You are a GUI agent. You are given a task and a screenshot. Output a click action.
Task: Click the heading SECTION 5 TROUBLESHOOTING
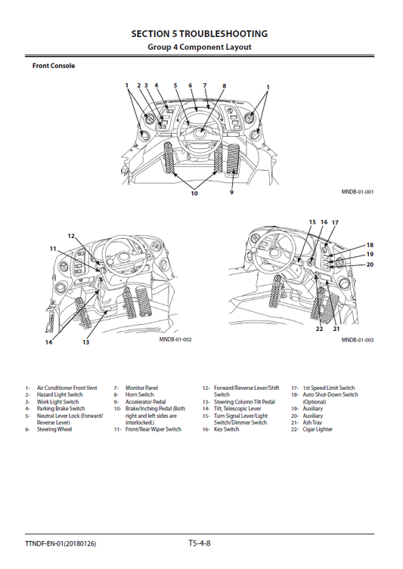coord(199,34)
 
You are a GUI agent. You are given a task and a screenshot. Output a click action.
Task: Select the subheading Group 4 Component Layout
coord(199,47)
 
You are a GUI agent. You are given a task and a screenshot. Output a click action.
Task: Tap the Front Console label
coord(53,66)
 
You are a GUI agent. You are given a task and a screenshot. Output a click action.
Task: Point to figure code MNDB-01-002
coord(175,340)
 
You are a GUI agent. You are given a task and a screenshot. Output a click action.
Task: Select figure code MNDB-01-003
coord(358,340)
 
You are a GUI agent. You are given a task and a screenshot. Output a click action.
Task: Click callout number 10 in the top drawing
coord(194,194)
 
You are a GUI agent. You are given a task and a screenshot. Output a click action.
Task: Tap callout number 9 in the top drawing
coord(231,193)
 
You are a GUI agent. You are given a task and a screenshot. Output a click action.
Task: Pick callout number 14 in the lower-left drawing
coord(48,342)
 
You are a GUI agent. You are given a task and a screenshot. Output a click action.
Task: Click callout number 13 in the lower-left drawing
coord(85,342)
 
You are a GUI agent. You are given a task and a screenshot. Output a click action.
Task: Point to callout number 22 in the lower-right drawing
coord(319,329)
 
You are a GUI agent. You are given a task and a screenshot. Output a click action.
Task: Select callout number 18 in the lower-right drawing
coord(370,246)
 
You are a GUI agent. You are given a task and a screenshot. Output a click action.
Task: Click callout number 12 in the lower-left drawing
coord(72,236)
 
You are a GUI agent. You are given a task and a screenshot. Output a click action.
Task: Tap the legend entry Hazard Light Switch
coord(60,394)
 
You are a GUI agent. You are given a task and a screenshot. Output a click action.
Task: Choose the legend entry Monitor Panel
coord(141,388)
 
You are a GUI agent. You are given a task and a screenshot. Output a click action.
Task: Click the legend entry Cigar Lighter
coord(317,429)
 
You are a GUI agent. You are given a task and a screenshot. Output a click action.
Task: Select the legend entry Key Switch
coord(226,429)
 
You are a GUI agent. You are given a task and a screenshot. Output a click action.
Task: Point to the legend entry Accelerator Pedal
coord(146,401)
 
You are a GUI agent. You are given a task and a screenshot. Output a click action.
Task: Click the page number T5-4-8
coord(200,543)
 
